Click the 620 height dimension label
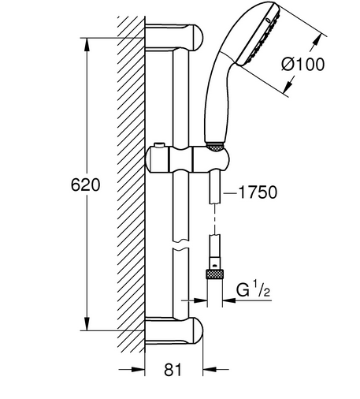click(x=85, y=185)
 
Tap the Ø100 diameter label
click(x=303, y=64)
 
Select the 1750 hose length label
click(x=258, y=192)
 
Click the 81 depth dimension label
click(x=173, y=370)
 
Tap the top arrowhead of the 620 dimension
click(x=87, y=44)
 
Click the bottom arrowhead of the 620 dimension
click(x=87, y=324)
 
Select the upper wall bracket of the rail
click(x=174, y=37)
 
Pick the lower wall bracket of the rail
click(x=174, y=331)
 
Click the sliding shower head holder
click(x=187, y=159)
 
